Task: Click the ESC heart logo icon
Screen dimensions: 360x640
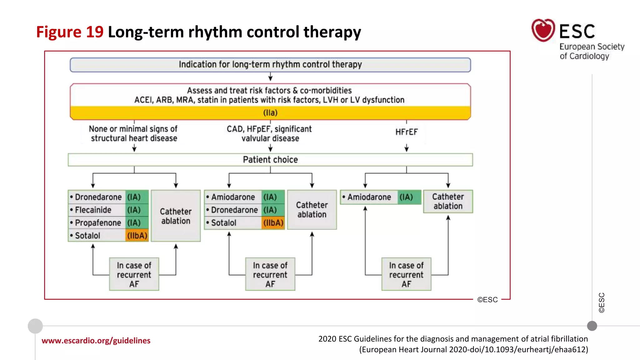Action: pyautogui.click(x=543, y=30)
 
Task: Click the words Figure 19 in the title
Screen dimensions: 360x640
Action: pyautogui.click(x=70, y=32)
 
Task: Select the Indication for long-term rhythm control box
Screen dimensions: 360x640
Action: pyautogui.click(x=270, y=65)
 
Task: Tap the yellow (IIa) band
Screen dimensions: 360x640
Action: pyautogui.click(x=270, y=113)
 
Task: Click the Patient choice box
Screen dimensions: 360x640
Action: pyautogui.click(x=270, y=160)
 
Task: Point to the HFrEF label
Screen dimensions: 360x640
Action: pyautogui.click(x=406, y=132)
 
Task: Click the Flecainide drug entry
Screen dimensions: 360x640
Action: pyautogui.click(x=93, y=210)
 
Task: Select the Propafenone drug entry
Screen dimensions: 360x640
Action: pyautogui.click(x=98, y=223)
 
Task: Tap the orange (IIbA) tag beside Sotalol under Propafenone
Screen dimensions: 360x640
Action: pyautogui.click(x=137, y=236)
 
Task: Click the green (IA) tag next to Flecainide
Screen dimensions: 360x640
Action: pyautogui.click(x=134, y=210)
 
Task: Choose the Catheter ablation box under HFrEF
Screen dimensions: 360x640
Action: pyautogui.click(x=448, y=202)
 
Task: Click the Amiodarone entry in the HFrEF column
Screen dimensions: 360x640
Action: pyautogui.click(x=369, y=197)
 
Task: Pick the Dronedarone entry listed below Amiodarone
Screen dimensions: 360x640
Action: pyautogui.click(x=234, y=210)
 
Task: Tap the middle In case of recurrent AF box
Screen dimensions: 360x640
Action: pyautogui.click(x=270, y=274)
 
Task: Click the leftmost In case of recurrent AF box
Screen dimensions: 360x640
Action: pyautogui.click(x=134, y=274)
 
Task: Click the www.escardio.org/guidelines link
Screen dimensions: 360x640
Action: pyautogui.click(x=96, y=341)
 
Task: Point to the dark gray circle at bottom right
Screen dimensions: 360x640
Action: pyautogui.click(x=592, y=326)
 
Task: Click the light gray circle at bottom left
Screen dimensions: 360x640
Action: pyautogui.click(x=35, y=326)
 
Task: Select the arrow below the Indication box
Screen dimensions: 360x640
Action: pyautogui.click(x=270, y=77)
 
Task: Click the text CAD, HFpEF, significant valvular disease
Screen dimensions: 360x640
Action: pyautogui.click(x=269, y=134)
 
